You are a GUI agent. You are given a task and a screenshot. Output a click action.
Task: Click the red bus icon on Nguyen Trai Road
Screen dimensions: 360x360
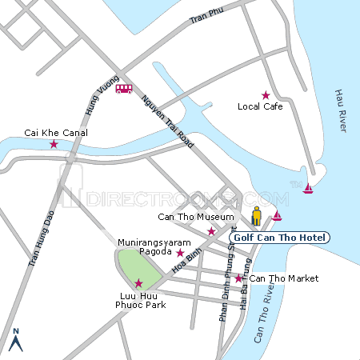click(x=124, y=89)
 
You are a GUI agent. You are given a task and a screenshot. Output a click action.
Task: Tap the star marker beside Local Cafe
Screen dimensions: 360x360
click(x=266, y=95)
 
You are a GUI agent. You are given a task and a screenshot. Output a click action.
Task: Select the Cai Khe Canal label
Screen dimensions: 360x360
click(x=56, y=133)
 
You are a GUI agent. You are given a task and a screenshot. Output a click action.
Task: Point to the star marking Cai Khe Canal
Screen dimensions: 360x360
click(x=54, y=145)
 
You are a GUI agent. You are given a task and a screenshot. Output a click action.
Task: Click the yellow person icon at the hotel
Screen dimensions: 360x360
click(x=257, y=216)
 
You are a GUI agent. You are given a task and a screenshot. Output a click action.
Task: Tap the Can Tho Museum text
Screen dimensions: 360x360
click(x=196, y=218)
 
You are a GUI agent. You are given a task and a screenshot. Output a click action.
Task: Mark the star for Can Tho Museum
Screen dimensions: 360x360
click(x=212, y=231)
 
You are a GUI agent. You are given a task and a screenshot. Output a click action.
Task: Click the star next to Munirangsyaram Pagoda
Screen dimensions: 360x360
click(x=180, y=253)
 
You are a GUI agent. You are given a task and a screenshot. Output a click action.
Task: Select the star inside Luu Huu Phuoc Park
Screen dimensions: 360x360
click(x=138, y=282)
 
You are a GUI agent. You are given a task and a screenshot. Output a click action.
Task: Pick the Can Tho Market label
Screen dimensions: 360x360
click(x=283, y=278)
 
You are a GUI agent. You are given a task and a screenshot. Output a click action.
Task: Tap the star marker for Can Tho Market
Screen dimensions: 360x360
click(x=238, y=278)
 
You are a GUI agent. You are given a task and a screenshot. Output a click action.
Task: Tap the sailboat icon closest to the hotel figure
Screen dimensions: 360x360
click(x=277, y=216)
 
